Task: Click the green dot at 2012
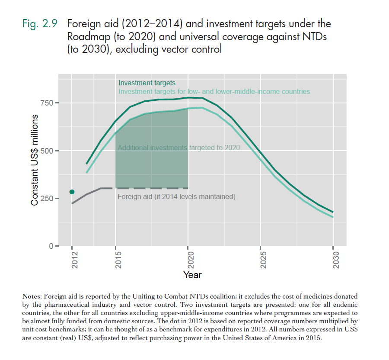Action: pos(72,192)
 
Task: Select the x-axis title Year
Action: pos(192,275)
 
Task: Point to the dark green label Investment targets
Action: pos(147,83)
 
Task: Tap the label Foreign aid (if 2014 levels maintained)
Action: pos(176,197)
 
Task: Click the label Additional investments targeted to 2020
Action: pos(179,148)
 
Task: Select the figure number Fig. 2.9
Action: pos(40,24)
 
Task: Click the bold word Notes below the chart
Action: pos(32,296)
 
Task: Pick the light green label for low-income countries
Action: pos(214,92)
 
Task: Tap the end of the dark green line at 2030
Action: pos(333,212)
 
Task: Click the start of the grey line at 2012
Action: pos(72,203)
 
